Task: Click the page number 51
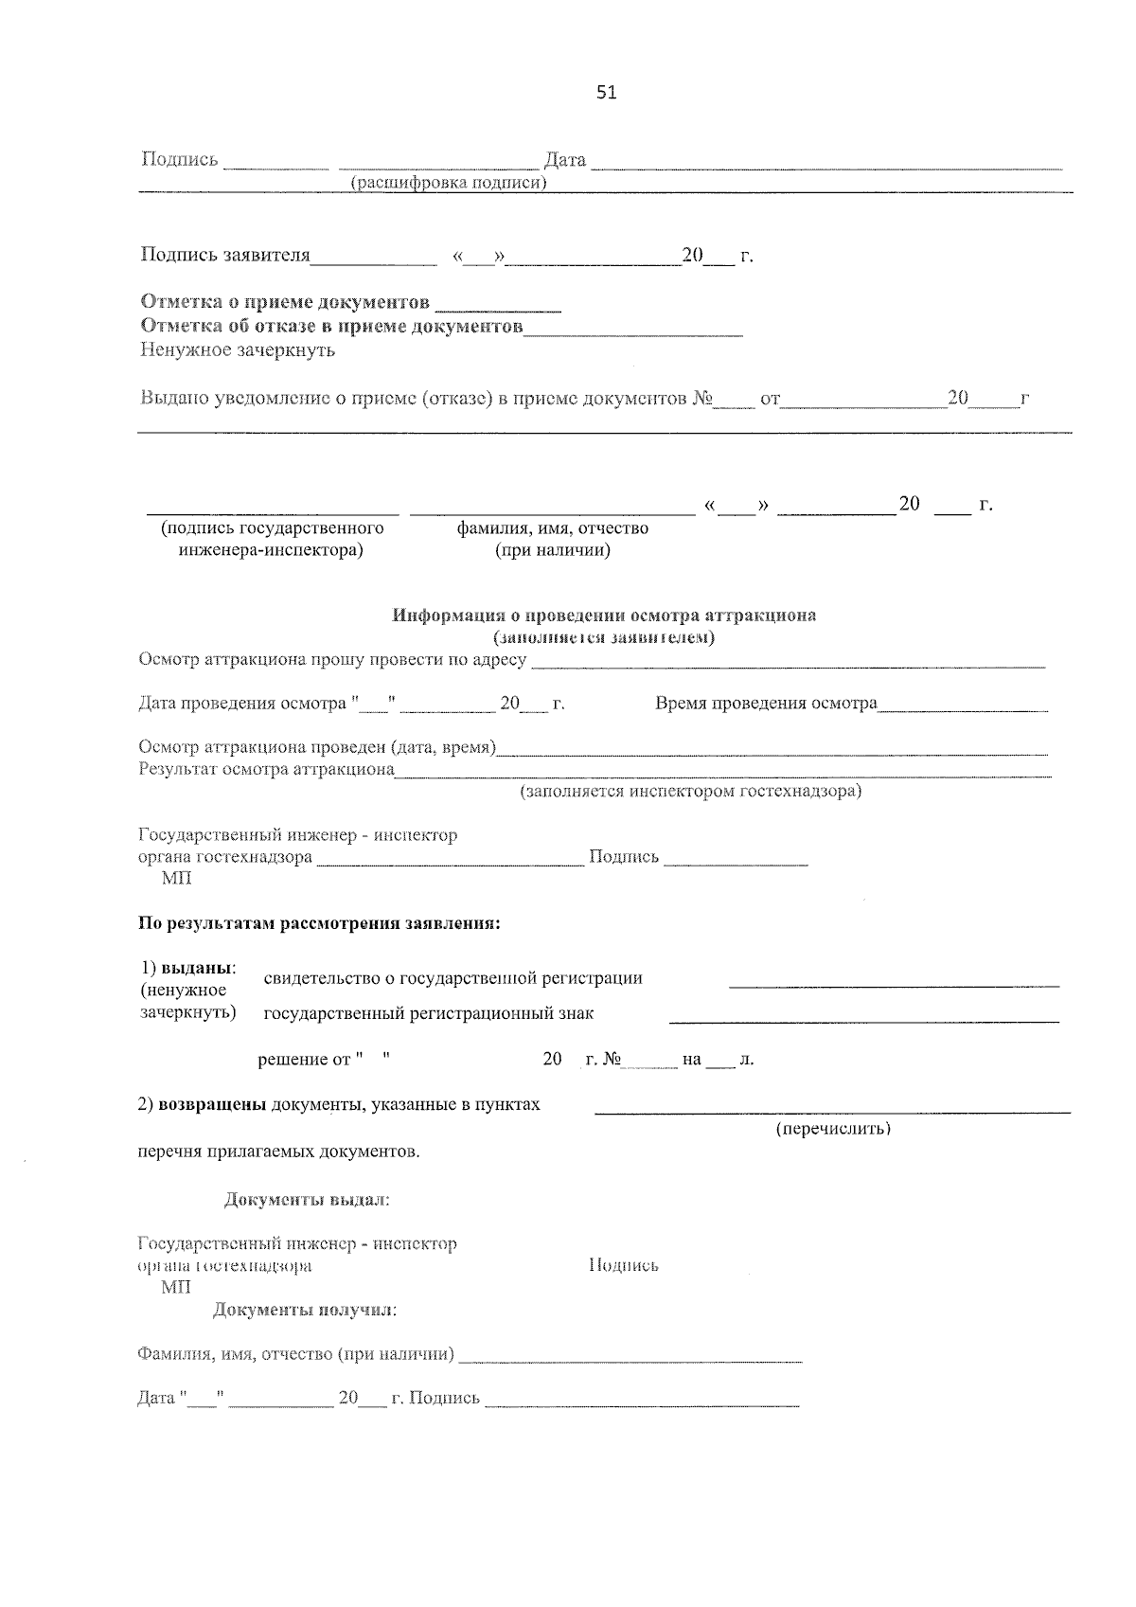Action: coord(607,92)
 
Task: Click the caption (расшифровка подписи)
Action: coord(449,183)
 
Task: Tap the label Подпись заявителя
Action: coord(225,256)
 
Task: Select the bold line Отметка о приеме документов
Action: coord(284,302)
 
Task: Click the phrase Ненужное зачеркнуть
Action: coord(238,350)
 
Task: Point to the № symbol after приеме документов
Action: coord(701,399)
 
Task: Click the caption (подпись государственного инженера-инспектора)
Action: coord(272,539)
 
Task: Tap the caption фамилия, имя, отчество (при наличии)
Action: coord(553,539)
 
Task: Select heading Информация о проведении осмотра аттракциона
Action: coord(604,616)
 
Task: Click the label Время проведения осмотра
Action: coord(766,704)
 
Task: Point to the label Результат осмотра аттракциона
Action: coord(266,770)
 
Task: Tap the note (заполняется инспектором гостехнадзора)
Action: coord(691,792)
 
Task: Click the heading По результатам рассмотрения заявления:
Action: coord(319,923)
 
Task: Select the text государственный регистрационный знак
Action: coord(428,1014)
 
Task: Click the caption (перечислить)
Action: coord(833,1130)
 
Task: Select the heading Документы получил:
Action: coord(304,1311)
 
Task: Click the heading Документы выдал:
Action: coord(307,1201)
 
